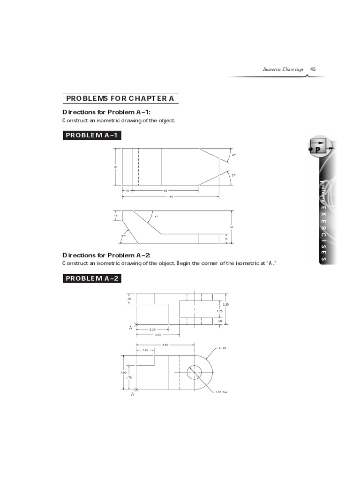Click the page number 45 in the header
313,69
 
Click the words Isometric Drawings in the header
283,69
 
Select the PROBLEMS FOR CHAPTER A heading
120,98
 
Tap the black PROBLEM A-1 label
91,135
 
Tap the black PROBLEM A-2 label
91,278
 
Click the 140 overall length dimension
170,197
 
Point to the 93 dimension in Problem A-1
165,191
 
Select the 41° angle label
157,217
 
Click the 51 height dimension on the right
231,227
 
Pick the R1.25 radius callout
222,348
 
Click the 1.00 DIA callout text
221,392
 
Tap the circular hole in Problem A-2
194,373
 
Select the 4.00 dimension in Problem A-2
165,345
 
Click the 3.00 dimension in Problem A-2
158,335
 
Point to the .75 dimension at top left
129,299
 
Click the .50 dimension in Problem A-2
219,321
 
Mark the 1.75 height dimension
128,378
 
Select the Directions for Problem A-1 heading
106,112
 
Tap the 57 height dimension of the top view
116,166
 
